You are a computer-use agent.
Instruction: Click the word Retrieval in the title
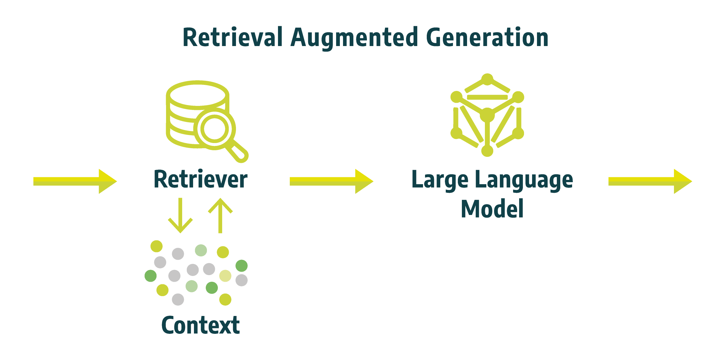pyautogui.click(x=232, y=37)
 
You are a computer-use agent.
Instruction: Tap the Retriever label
pyautogui.click(x=200, y=179)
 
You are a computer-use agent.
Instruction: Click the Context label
pyautogui.click(x=200, y=325)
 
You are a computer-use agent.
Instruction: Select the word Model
pyautogui.click(x=492, y=209)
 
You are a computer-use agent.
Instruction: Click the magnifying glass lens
pyautogui.click(x=214, y=129)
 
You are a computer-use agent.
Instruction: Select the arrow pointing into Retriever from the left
pyautogui.click(x=75, y=181)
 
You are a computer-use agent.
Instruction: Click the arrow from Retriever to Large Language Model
pyautogui.click(x=331, y=181)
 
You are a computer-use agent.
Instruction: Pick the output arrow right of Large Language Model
pyautogui.click(x=650, y=181)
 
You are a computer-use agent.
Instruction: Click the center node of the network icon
pyautogui.click(x=487, y=115)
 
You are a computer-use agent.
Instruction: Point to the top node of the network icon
pyautogui.click(x=487, y=79)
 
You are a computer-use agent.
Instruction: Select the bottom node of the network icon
pyautogui.click(x=487, y=151)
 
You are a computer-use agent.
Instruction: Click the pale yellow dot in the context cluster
pyautogui.click(x=225, y=276)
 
